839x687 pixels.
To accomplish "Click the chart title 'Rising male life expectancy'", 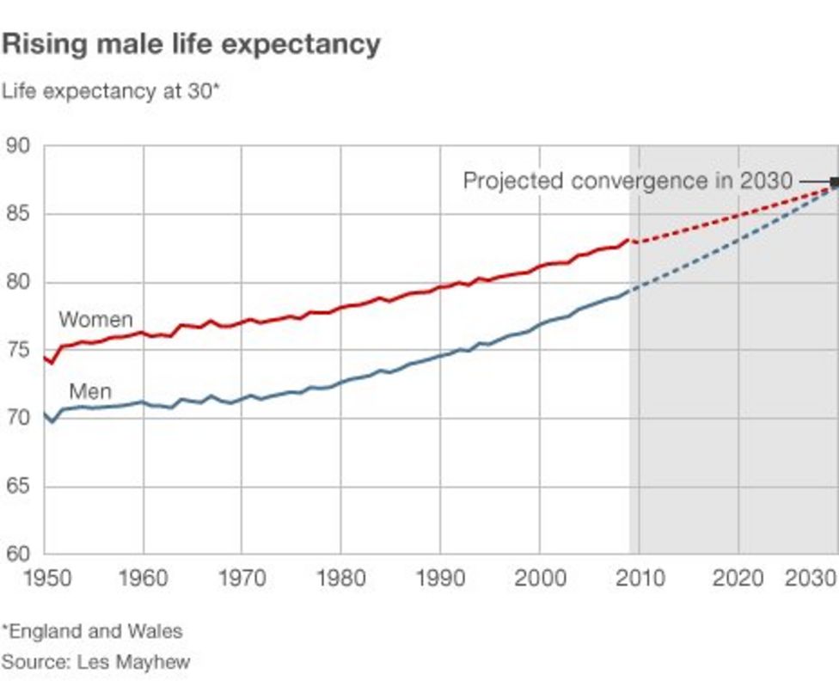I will pos(191,44).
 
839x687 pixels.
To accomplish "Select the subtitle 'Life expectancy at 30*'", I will pos(111,90).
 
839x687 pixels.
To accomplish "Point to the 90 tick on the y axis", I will pos(18,146).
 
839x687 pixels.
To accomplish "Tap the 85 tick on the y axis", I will pos(18,214).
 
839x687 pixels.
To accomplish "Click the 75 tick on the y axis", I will pos(18,351).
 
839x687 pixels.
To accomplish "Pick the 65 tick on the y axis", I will pos(18,487).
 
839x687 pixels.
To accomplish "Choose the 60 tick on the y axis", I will pos(18,555).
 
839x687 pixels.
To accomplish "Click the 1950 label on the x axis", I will pos(44,577).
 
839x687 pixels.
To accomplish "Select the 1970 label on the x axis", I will pos(242,577).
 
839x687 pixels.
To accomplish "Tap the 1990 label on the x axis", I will pos(440,577).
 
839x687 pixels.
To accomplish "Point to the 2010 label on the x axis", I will pos(639,577).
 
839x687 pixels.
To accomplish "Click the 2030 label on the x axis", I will pos(811,577).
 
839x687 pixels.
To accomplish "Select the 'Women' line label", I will pos(95,320).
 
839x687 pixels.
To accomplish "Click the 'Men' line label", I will pos(89,392).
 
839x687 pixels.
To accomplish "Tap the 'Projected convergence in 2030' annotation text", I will pos(628,181).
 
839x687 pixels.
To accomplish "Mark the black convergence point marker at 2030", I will pos(834,181).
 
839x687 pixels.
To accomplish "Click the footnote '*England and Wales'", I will pos(92,631).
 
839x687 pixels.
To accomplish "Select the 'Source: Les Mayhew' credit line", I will pos(95,662).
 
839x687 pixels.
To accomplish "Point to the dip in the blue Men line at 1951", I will pos(52,421).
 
